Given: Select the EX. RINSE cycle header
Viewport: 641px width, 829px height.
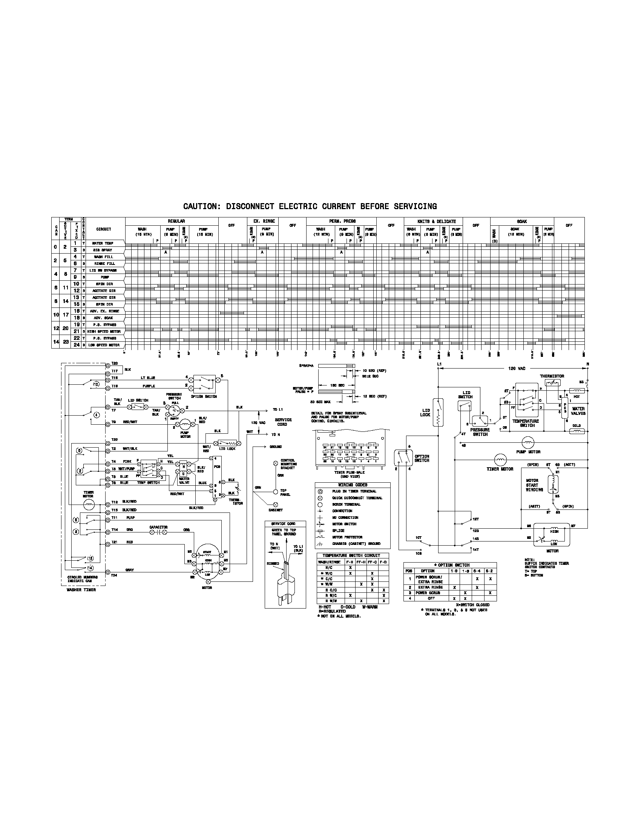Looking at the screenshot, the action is (x=264, y=221).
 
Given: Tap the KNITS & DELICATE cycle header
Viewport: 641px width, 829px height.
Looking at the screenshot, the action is (x=436, y=221).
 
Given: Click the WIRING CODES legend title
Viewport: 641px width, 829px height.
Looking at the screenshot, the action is (x=353, y=485).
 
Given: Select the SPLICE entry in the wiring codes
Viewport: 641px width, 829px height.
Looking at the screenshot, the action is (x=338, y=531).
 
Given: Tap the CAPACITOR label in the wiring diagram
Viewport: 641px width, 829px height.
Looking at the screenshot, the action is (x=158, y=527).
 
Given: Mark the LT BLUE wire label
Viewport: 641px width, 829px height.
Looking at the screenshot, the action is (x=148, y=378).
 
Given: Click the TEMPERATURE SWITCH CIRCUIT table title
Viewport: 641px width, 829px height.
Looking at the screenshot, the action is (x=351, y=555).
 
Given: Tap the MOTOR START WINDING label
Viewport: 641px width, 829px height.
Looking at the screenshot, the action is (x=532, y=485).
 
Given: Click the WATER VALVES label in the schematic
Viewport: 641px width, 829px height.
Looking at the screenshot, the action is (x=578, y=411).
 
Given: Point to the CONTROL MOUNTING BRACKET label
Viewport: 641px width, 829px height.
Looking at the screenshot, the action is (x=288, y=464).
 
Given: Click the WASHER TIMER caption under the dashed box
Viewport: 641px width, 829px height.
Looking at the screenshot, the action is (x=81, y=590).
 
